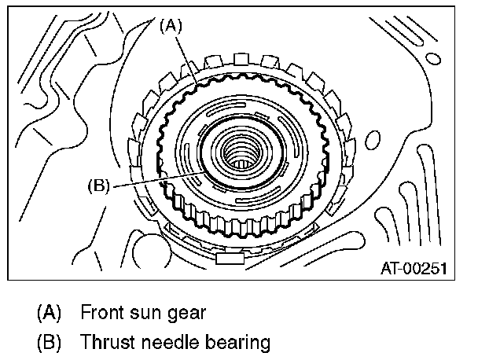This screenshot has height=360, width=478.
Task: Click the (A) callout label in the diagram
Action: [171, 25]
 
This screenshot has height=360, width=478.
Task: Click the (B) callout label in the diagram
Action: [100, 186]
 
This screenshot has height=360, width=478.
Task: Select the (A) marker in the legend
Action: [50, 312]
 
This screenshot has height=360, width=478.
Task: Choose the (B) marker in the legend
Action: [50, 343]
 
